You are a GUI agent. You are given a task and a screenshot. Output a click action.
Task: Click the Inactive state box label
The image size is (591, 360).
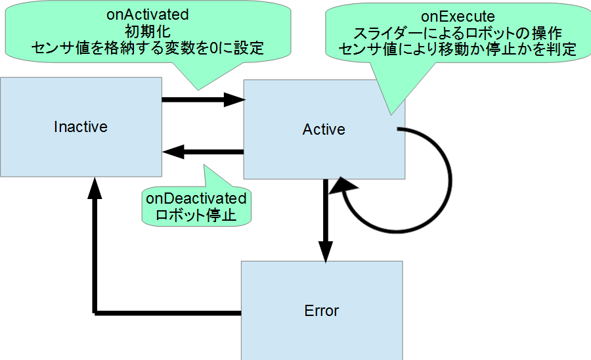point(81,126)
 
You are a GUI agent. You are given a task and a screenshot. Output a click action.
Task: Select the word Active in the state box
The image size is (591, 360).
point(324,129)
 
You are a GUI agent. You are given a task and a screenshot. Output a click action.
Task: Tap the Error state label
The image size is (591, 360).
point(322,310)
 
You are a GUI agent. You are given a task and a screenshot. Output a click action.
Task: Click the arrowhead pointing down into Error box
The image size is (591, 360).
point(325,252)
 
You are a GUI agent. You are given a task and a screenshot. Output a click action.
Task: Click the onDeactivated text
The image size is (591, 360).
point(196,198)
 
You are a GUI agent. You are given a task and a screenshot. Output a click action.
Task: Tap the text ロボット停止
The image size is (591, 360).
point(196,214)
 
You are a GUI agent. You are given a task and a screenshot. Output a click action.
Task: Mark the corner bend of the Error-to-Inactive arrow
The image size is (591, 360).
point(96,311)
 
